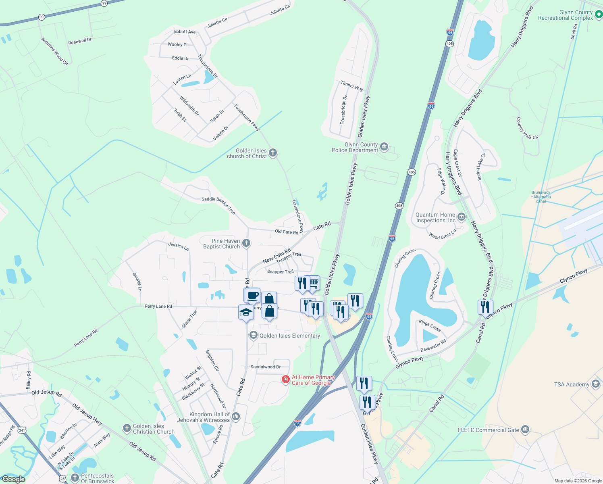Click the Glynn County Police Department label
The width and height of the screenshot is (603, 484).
[355, 147]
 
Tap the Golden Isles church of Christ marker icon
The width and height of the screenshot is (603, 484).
[273, 152]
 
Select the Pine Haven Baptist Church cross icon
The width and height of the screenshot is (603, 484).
[246, 243]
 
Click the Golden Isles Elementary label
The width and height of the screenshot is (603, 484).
[289, 336]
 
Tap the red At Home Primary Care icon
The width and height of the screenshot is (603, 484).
[286, 379]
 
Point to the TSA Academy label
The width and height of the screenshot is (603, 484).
[571, 384]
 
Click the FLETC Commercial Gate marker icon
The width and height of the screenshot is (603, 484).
[525, 430]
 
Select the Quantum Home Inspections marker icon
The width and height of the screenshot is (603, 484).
[462, 217]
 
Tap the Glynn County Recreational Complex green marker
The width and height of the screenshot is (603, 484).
[599, 15]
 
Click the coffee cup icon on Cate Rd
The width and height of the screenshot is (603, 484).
[253, 295]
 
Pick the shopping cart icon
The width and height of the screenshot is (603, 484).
[314, 284]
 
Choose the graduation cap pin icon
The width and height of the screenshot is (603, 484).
[246, 312]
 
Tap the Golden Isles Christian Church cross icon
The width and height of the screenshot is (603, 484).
[127, 428]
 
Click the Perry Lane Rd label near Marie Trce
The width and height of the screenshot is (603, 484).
[158, 307]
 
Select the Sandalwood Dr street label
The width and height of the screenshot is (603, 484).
[265, 367]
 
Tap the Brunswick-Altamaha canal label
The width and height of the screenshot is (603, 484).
[541, 197]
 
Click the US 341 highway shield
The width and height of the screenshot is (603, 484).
[22, 430]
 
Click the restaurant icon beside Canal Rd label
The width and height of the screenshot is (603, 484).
[485, 307]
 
